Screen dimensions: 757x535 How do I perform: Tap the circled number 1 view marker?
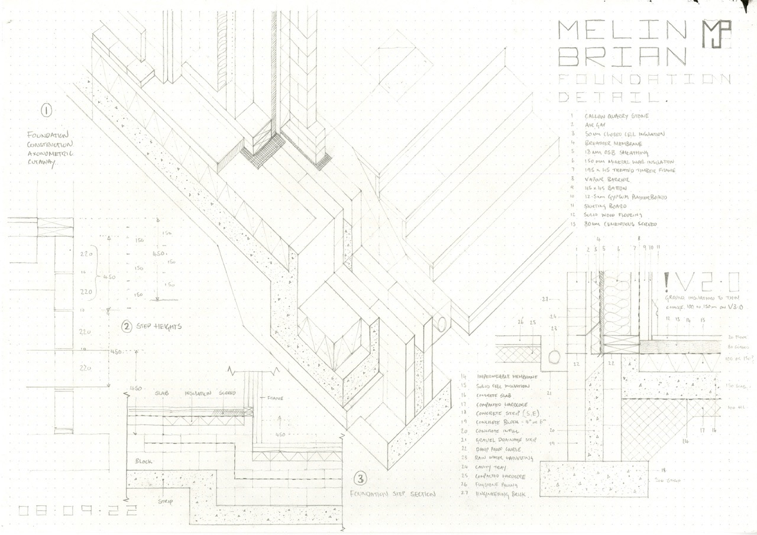[x=46, y=110]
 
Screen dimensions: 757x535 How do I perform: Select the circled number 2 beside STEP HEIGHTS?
[x=127, y=326]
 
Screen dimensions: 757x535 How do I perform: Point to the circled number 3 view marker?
[x=358, y=478]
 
